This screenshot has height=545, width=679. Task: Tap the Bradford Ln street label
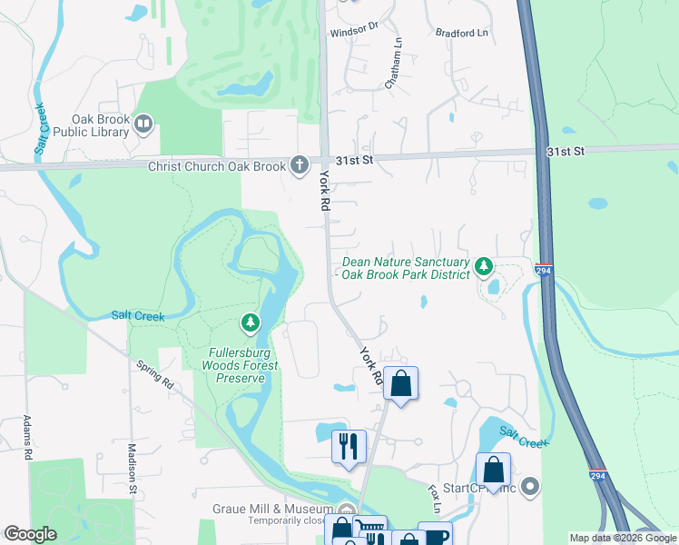tap(462, 33)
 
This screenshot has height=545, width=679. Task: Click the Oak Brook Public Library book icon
tap(143, 124)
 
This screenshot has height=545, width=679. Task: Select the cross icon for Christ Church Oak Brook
tap(299, 164)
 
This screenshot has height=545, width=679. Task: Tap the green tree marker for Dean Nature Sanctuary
tap(485, 266)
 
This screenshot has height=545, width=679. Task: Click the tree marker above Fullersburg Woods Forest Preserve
tap(250, 322)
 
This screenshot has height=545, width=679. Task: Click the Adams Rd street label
tap(27, 436)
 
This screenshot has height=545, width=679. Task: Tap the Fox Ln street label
tap(434, 498)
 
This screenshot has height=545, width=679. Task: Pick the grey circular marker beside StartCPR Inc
tap(531, 488)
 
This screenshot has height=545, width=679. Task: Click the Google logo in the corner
tap(31, 534)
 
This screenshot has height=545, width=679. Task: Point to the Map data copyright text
tap(622, 538)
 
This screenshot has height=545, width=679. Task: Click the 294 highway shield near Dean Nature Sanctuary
tap(543, 272)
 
